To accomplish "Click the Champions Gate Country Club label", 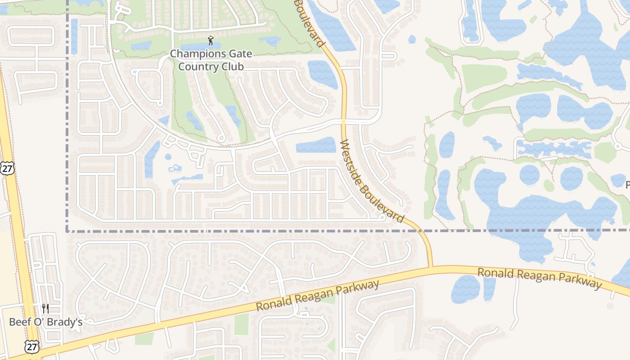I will click(x=211, y=60).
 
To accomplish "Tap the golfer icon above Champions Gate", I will click(x=211, y=41).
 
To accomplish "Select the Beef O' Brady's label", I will click(x=46, y=322).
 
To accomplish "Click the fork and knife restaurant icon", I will click(x=45, y=308).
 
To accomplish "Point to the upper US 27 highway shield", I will click(x=7, y=168).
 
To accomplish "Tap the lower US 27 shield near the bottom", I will click(x=32, y=346).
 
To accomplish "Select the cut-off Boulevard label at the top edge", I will click(x=310, y=22).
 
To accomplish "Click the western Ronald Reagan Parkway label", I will click(x=318, y=296).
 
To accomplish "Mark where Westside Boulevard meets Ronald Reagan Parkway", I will click(x=431, y=267).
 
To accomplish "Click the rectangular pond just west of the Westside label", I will click(x=316, y=145).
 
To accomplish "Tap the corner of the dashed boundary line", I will click(x=67, y=231).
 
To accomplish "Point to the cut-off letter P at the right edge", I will click(x=627, y=184).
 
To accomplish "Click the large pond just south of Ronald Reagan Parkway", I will click(x=465, y=288).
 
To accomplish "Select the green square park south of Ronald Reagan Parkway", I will click(x=241, y=324).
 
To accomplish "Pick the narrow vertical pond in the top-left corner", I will click(x=74, y=36).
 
